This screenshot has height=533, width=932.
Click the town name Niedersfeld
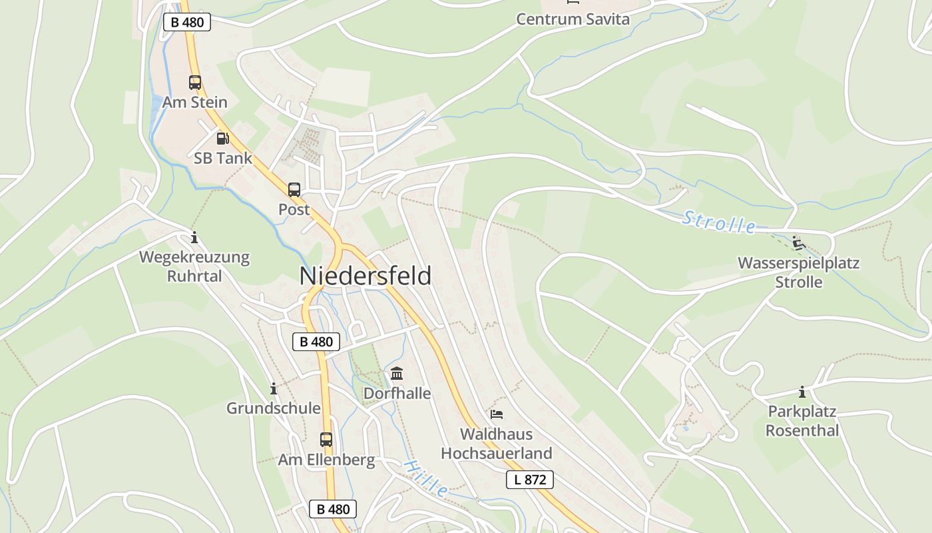click(x=365, y=276)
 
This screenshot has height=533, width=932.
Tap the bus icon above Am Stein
click(x=194, y=83)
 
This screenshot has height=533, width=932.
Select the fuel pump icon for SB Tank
click(x=222, y=139)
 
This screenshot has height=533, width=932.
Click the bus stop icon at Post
click(x=294, y=190)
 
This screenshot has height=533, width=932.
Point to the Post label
click(x=294, y=209)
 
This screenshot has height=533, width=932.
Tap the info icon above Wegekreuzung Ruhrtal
click(x=194, y=237)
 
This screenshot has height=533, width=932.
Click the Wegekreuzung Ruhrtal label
click(x=194, y=266)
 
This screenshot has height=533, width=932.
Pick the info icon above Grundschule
click(x=273, y=388)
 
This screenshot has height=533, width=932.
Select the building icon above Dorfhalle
click(x=397, y=373)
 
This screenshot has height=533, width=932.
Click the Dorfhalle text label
click(x=397, y=394)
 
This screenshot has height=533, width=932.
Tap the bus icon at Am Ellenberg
click(x=326, y=440)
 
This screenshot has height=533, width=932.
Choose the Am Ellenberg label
click(x=326, y=460)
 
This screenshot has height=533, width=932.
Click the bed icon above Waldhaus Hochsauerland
click(x=497, y=414)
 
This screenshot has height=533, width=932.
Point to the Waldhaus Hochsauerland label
click(x=497, y=444)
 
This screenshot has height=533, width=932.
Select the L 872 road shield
click(x=530, y=480)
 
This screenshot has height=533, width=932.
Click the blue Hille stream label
click(x=426, y=478)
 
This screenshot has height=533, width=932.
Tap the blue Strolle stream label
click(x=719, y=222)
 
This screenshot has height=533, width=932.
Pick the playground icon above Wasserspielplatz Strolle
click(x=798, y=243)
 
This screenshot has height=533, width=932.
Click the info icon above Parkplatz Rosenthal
click(x=802, y=392)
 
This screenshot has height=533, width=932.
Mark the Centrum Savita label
click(x=573, y=19)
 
